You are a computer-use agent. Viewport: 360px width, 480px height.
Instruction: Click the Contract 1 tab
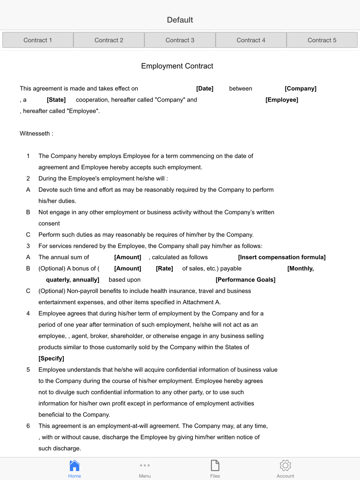(38, 40)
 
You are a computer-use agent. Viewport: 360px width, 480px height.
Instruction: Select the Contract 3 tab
(180, 40)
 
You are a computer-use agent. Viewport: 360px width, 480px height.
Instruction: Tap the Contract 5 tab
(322, 40)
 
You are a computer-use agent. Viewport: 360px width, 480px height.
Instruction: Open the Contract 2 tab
(109, 40)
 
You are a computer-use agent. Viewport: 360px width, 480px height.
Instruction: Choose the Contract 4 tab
(251, 40)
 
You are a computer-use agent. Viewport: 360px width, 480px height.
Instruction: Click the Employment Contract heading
(177, 66)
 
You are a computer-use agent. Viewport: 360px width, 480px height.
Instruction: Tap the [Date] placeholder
(204, 89)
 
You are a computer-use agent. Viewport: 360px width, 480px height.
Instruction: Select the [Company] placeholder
(300, 89)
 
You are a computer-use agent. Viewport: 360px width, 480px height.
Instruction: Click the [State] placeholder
(56, 100)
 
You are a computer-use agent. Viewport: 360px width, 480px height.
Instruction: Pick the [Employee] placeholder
(282, 100)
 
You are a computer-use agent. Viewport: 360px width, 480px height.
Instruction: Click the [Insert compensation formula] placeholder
(282, 257)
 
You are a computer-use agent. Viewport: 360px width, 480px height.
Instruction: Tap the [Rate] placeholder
(164, 269)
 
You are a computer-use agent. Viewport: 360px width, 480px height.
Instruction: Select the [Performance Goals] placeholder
(245, 280)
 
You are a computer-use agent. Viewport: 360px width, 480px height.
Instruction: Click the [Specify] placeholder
(51, 359)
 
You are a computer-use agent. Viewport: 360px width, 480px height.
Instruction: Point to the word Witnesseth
(35, 134)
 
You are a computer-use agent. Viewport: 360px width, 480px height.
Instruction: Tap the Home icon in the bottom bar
(75, 466)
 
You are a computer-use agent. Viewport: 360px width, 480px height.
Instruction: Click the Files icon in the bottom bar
(215, 466)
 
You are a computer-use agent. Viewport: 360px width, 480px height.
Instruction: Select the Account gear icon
(285, 466)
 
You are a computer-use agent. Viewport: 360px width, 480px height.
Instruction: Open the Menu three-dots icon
(145, 466)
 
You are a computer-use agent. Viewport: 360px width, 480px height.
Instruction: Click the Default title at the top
(180, 20)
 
